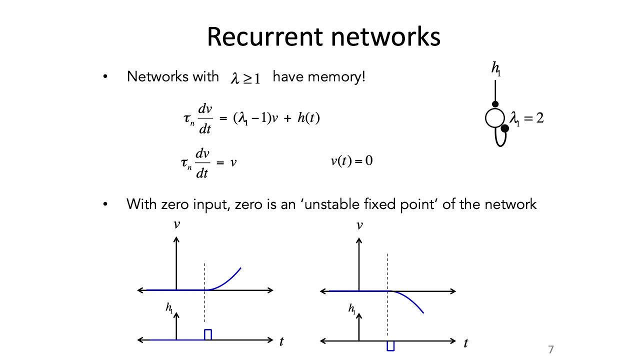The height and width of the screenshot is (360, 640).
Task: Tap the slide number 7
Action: coord(551,349)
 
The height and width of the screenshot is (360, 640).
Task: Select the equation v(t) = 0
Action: coord(351,161)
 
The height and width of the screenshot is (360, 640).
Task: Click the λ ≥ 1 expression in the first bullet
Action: coord(245,78)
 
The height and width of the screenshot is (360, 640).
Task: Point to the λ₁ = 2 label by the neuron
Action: coord(526,118)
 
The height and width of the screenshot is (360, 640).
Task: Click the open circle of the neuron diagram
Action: coord(494,118)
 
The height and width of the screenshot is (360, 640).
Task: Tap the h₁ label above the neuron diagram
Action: coord(496,69)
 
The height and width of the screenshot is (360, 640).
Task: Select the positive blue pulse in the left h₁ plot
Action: coord(208,334)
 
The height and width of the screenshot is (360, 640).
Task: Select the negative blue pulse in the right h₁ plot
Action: coord(390,345)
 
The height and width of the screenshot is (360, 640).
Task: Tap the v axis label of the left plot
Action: coord(176,224)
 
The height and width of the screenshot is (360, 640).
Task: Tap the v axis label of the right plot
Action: coord(359,225)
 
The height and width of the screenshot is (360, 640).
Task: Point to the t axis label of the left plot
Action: coord(281,342)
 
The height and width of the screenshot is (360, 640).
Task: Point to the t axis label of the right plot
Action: coord(465,342)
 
